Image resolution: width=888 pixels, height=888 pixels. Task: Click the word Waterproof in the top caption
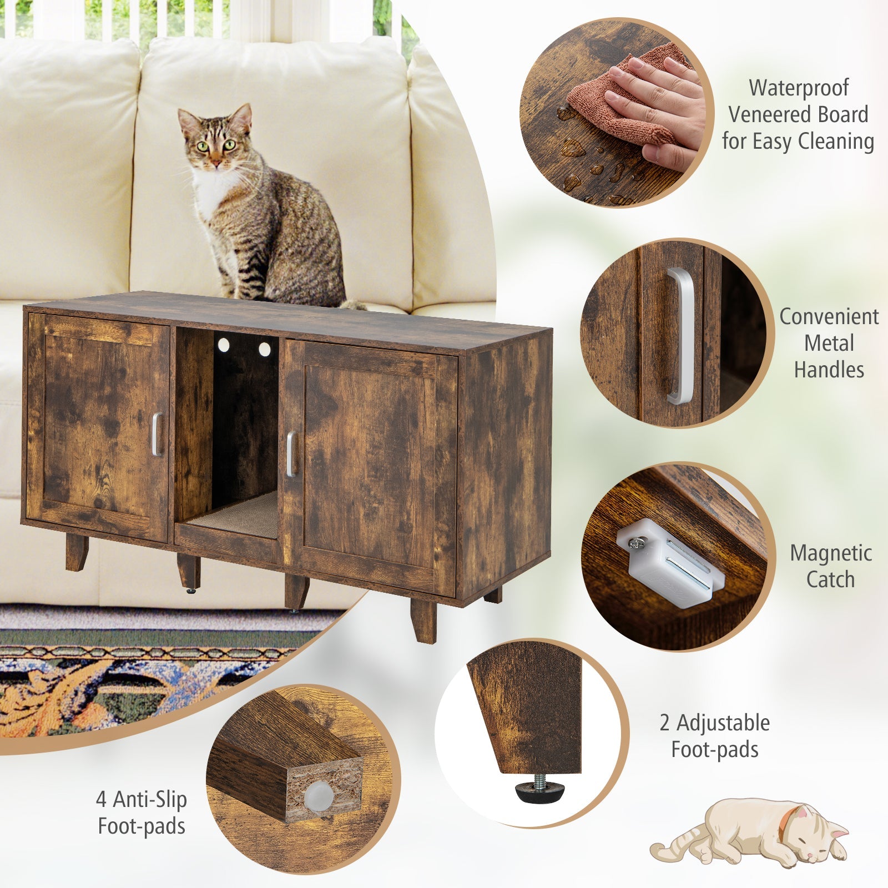[799, 88]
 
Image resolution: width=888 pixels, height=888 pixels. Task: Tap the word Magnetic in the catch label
[831, 553]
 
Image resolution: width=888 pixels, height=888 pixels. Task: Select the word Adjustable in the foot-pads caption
[723, 723]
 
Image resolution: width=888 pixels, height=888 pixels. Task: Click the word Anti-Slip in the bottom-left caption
[150, 800]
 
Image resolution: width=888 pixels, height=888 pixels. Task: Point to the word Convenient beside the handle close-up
[829, 316]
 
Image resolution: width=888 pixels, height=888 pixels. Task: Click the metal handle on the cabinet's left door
[157, 434]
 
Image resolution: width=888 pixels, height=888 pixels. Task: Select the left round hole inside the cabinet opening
[223, 345]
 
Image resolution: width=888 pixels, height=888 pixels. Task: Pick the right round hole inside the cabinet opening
[264, 349]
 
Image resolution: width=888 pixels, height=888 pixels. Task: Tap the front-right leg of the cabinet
[423, 620]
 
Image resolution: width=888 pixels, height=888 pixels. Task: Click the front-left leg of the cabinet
[77, 552]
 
